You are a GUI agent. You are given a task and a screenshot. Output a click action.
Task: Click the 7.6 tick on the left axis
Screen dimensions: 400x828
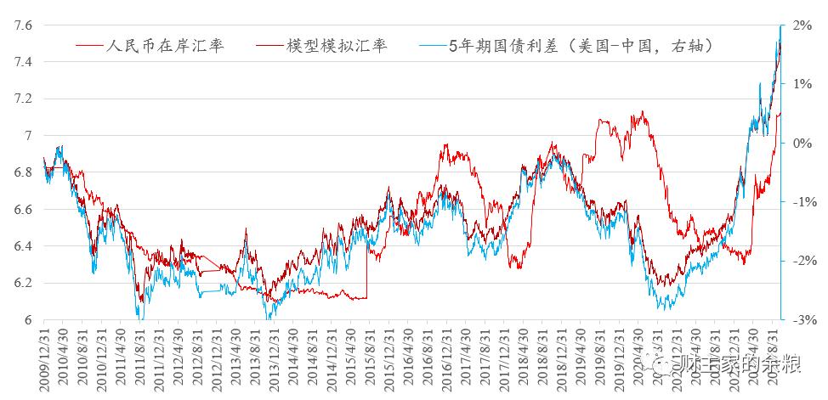tap(23, 25)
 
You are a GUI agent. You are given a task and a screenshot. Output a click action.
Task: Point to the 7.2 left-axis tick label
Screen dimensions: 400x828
tap(23, 99)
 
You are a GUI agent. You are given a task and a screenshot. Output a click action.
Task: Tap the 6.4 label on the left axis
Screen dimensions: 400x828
tap(23, 246)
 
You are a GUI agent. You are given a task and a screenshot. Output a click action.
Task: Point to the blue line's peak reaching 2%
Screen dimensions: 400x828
tap(780, 28)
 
